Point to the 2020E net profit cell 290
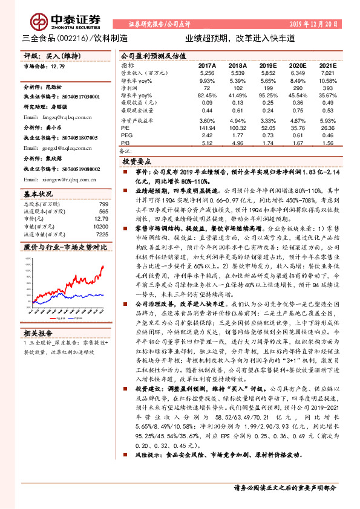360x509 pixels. pos(296,88)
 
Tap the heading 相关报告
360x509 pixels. pos(39,332)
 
